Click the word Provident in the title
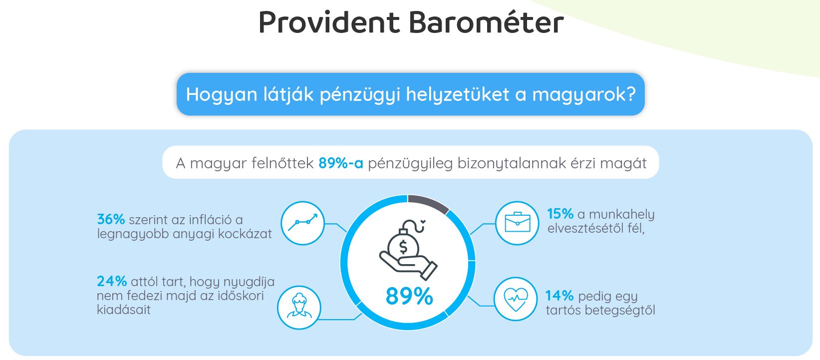[x=329, y=22]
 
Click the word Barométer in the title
[x=486, y=22]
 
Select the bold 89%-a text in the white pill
[x=341, y=163]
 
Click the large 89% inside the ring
[x=409, y=296]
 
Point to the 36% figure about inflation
[x=111, y=219]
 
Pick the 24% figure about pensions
[x=112, y=281]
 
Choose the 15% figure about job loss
[x=560, y=214]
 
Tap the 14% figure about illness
[x=559, y=296]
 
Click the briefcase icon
[x=517, y=222]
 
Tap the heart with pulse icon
[x=516, y=299]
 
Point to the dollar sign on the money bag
[x=403, y=247]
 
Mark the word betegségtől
[x=620, y=310]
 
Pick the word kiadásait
[x=124, y=310]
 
